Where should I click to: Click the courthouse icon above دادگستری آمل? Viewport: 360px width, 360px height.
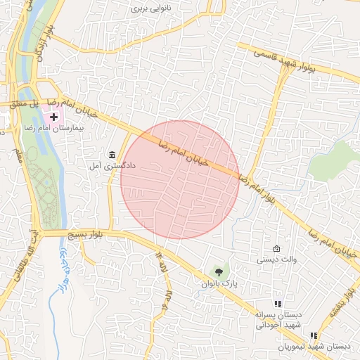(112, 155)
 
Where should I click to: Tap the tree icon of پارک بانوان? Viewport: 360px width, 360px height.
(221, 271)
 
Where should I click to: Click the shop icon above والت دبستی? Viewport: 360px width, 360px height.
(276, 249)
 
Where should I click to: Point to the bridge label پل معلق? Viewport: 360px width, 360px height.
(22, 103)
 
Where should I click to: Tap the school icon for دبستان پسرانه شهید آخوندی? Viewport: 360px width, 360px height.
(277, 304)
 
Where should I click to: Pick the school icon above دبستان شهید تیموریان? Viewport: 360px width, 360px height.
(313, 336)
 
